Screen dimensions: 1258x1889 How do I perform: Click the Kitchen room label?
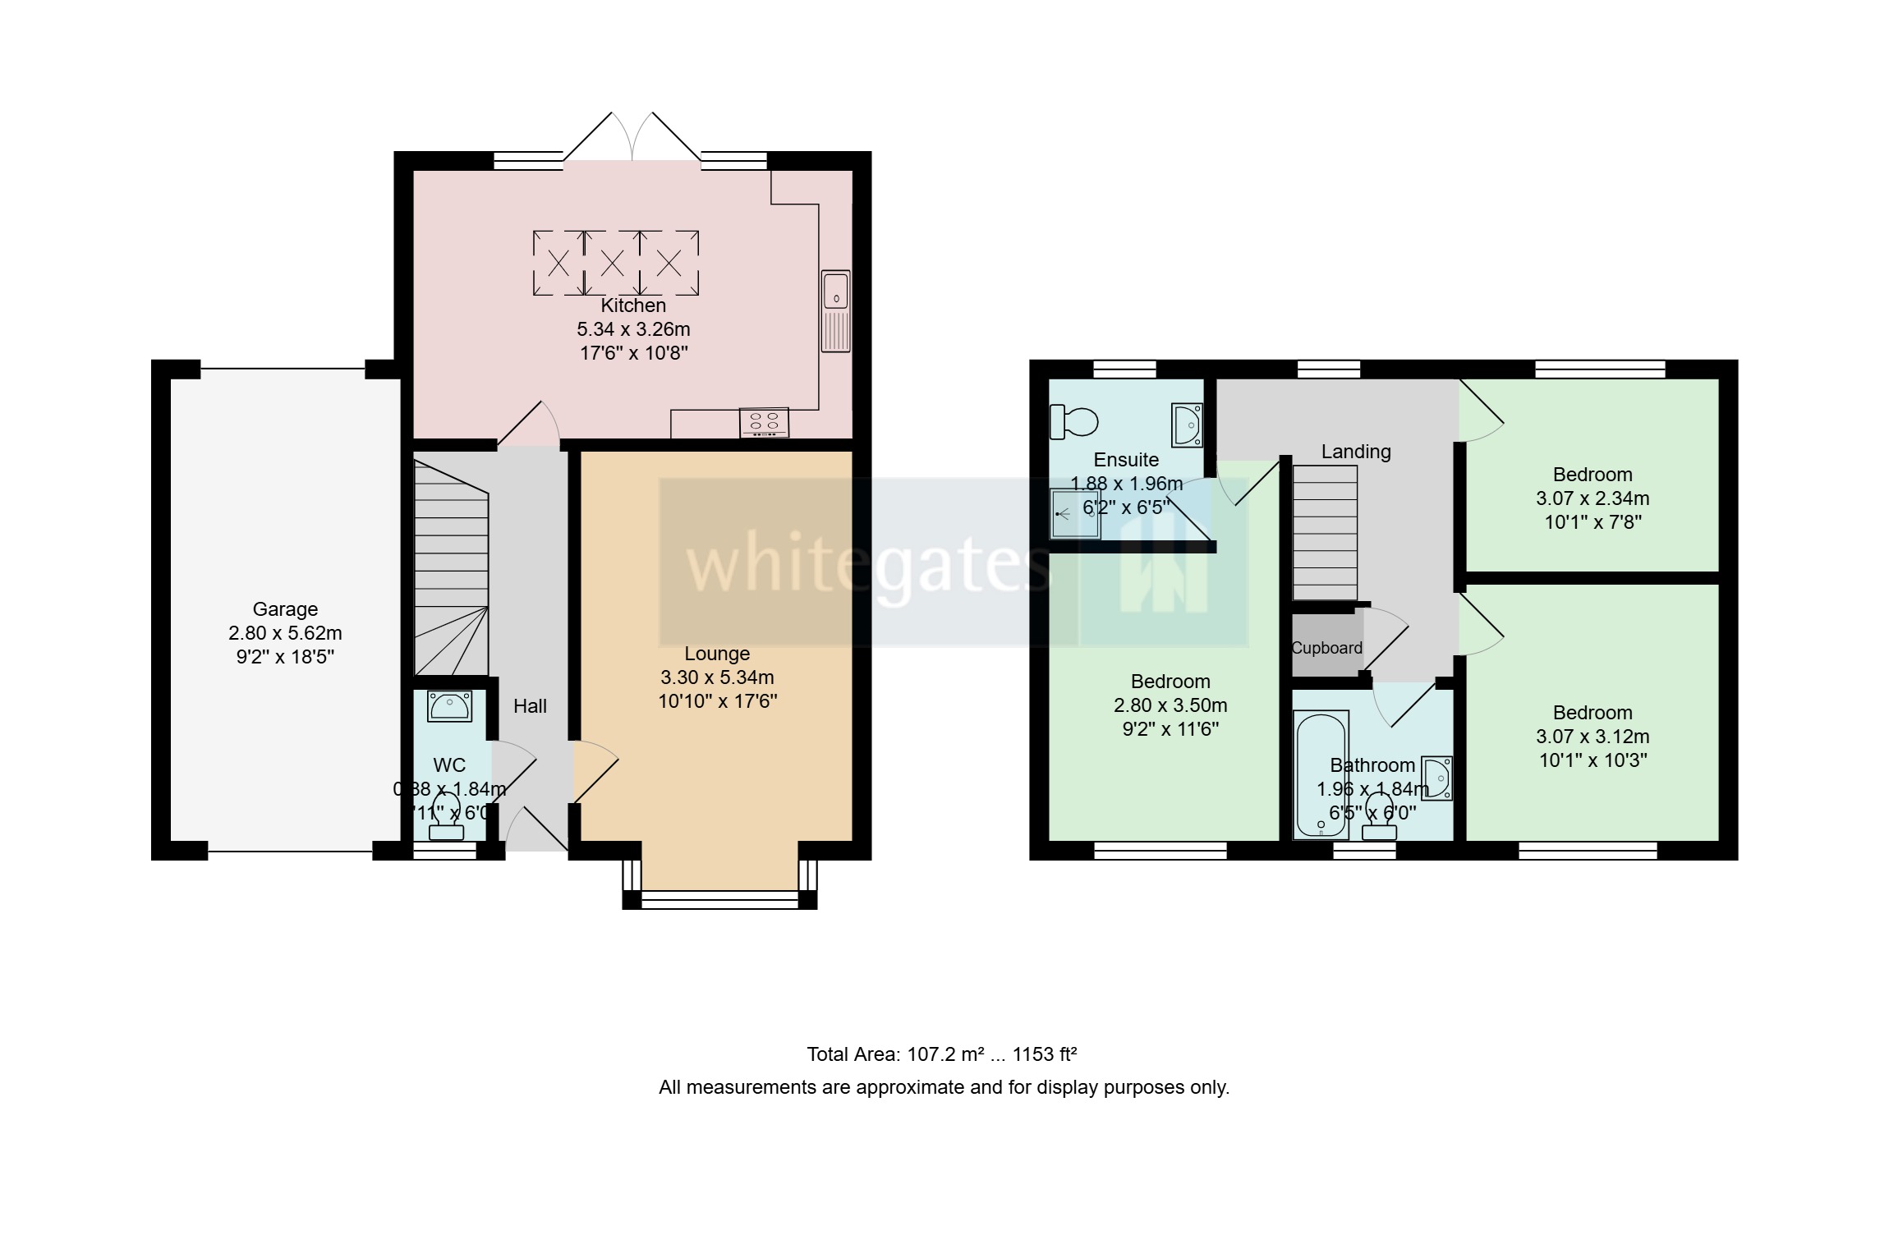[632, 305]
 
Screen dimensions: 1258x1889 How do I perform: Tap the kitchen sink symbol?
[835, 310]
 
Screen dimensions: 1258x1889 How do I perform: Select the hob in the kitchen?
[764, 422]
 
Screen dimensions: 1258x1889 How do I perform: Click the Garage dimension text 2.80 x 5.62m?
[285, 633]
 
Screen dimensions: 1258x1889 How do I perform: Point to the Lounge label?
[717, 654]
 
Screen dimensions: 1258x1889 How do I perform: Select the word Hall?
[530, 706]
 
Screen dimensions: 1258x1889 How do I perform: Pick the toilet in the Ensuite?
[1073, 422]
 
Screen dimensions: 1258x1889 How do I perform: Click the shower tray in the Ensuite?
[1074, 514]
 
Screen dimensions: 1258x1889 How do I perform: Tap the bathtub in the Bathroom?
[1320, 774]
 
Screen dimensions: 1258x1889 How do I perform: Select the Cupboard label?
[1326, 648]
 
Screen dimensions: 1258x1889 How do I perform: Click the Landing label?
[1355, 452]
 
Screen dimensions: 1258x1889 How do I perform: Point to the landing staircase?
[1324, 532]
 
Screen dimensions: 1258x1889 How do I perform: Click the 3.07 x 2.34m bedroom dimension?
[1592, 498]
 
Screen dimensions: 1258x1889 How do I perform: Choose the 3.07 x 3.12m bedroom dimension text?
[1592, 737]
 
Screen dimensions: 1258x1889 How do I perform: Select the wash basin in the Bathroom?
[1437, 777]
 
